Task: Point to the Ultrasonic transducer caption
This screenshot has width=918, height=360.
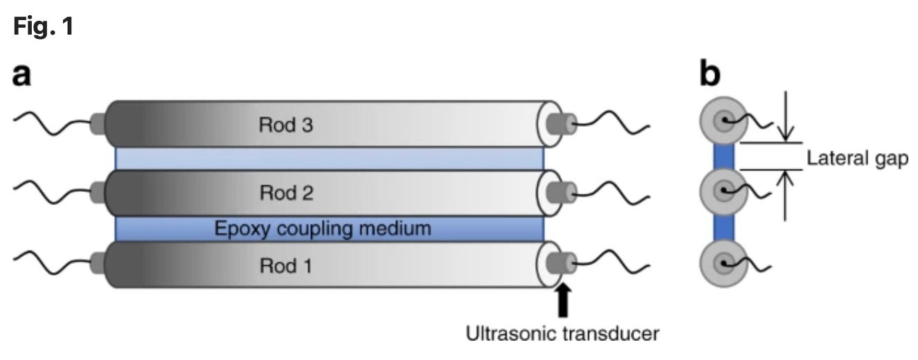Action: coord(561,334)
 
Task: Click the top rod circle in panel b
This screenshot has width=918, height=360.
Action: coord(723,121)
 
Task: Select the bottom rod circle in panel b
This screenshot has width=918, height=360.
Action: coord(723,263)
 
